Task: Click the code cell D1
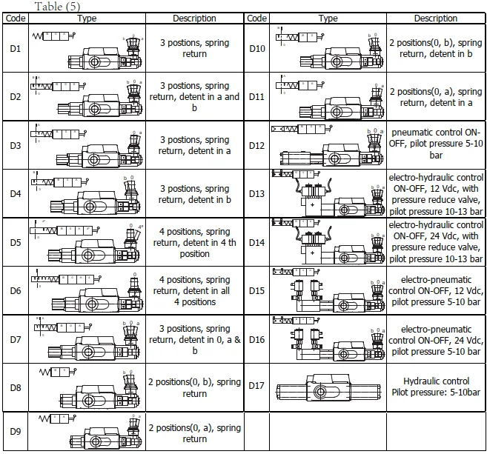[16, 48]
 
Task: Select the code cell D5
[16, 242]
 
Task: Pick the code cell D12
[256, 145]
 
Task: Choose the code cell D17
[256, 386]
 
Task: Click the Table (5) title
[56, 7]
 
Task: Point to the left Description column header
[194, 19]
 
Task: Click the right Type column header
[328, 19]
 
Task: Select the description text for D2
[194, 97]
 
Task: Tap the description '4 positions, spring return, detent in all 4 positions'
[194, 291]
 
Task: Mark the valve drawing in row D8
[87, 385]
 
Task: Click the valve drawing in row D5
[87, 243]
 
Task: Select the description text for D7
[194, 339]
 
